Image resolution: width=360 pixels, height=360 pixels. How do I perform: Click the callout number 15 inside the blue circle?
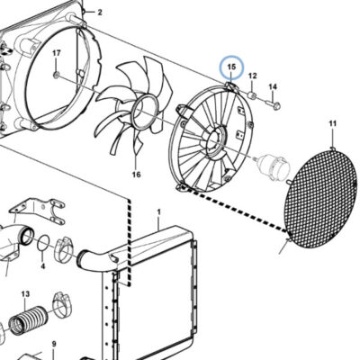[232, 67]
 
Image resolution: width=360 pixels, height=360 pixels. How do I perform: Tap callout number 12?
[253, 76]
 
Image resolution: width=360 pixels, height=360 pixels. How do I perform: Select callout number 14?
[273, 87]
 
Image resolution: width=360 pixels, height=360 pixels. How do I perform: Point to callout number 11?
[333, 123]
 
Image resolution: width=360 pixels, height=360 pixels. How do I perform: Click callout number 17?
[57, 53]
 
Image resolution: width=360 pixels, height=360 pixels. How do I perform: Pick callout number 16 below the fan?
[136, 175]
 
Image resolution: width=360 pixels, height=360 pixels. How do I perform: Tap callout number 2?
[100, 13]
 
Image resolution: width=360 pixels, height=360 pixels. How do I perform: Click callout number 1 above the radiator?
[159, 212]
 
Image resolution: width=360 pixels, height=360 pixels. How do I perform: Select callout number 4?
[42, 265]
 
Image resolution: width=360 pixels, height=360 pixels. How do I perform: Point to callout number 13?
[26, 294]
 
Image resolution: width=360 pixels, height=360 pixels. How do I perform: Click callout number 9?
[54, 344]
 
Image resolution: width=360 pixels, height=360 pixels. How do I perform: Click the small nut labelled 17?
[56, 75]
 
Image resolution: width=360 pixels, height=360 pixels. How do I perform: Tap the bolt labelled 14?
[273, 105]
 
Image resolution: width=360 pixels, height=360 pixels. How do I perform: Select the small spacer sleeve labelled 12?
[252, 96]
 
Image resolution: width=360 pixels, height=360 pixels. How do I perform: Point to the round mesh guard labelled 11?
[320, 198]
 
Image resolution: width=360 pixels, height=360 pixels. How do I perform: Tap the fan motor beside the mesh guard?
[272, 166]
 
